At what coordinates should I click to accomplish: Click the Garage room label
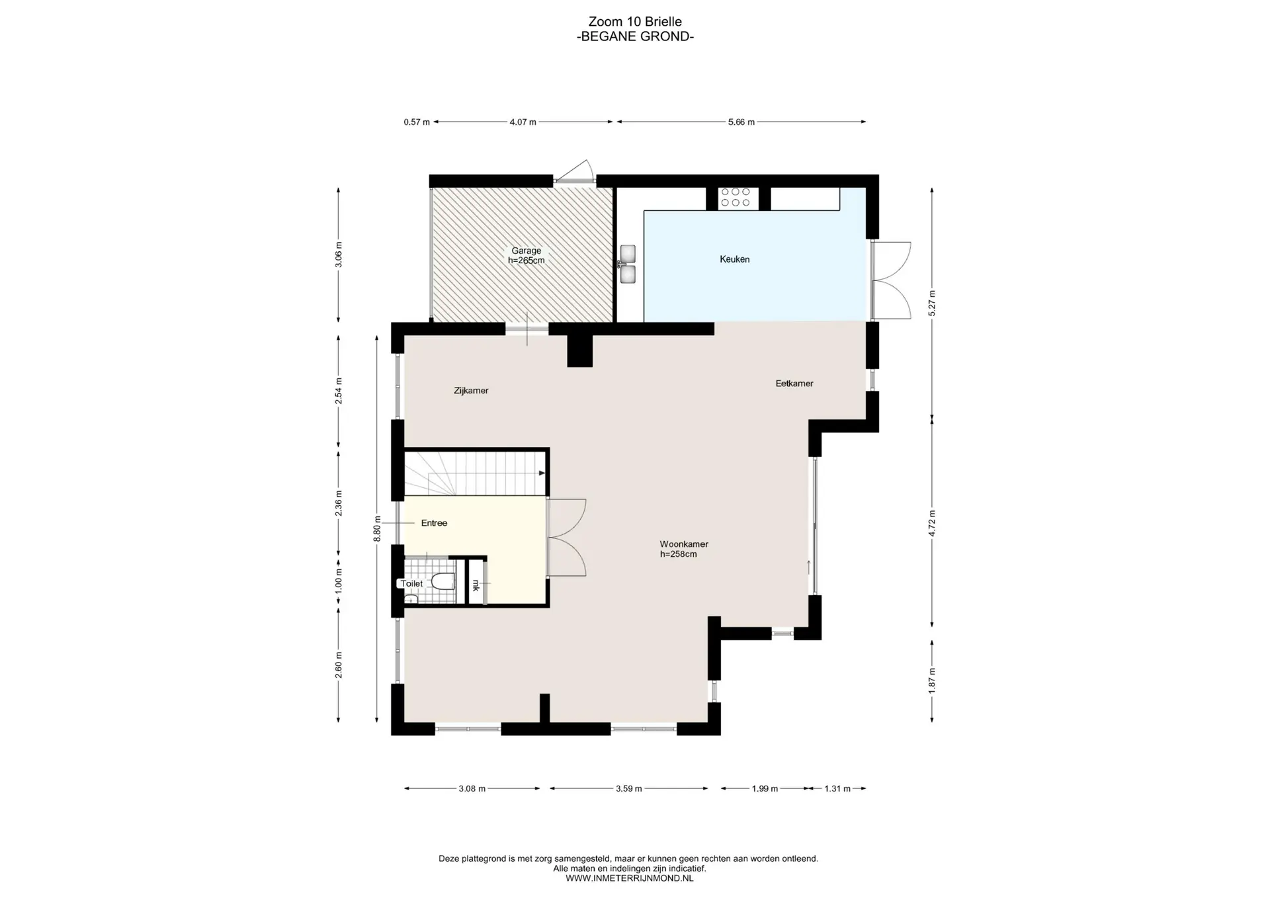click(x=527, y=251)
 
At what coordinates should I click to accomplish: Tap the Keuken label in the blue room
click(x=734, y=259)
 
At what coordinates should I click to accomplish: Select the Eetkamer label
click(x=794, y=384)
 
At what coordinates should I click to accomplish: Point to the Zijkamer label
click(x=471, y=391)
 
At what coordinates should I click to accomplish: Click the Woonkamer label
click(x=684, y=544)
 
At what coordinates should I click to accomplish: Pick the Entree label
click(x=434, y=523)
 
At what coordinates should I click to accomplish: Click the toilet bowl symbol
click(x=443, y=582)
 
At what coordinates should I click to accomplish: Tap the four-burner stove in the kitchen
click(x=735, y=198)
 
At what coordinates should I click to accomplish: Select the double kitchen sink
click(x=628, y=265)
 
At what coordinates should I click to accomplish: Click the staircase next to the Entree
click(x=475, y=473)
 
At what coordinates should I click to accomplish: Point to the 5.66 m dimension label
click(x=741, y=122)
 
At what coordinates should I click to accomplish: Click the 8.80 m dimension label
click(x=377, y=528)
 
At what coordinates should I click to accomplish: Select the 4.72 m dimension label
click(x=931, y=524)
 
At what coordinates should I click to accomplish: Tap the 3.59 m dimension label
click(x=628, y=789)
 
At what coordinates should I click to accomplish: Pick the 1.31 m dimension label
click(x=837, y=789)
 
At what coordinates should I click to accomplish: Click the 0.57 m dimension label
click(x=417, y=122)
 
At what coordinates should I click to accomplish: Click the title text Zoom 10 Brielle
click(x=635, y=22)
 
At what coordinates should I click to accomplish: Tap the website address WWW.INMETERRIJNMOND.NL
click(x=630, y=878)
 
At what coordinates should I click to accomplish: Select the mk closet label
click(x=476, y=585)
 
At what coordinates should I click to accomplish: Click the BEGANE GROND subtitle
click(x=635, y=36)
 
